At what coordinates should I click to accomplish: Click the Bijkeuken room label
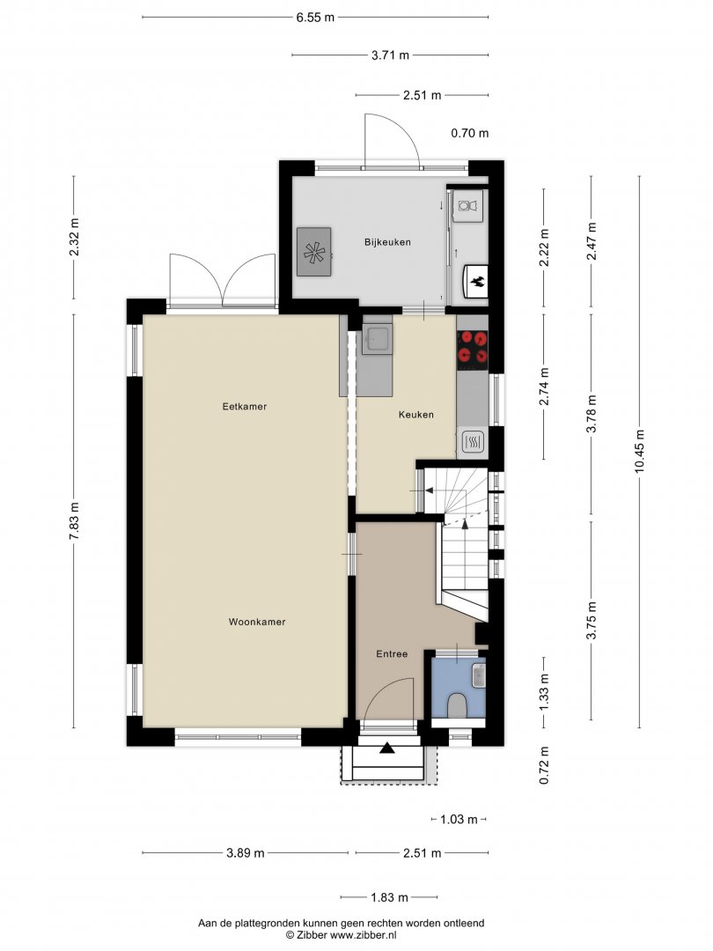coord(387,242)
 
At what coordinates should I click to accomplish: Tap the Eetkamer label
coord(245,406)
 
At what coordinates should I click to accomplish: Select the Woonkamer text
coord(257,622)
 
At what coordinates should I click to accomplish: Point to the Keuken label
coord(415,415)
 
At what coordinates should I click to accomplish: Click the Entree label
coord(392,653)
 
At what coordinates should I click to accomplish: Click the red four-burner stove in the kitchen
coord(473,350)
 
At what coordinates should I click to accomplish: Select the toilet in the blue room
coord(457,706)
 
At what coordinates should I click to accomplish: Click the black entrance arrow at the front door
coord(386,748)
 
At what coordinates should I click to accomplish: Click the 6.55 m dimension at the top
coord(315,17)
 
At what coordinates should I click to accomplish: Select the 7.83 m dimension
coord(74,521)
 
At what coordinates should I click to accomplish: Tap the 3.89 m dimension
coord(246,852)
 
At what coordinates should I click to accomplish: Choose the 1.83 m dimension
coord(389,897)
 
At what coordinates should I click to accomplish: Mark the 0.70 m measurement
coord(470,133)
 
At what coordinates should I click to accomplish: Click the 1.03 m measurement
coord(459,820)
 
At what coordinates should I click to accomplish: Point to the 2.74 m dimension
coord(544,387)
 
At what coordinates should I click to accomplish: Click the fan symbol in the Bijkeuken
coord(314,253)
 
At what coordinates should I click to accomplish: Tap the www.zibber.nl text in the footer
coord(363,934)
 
